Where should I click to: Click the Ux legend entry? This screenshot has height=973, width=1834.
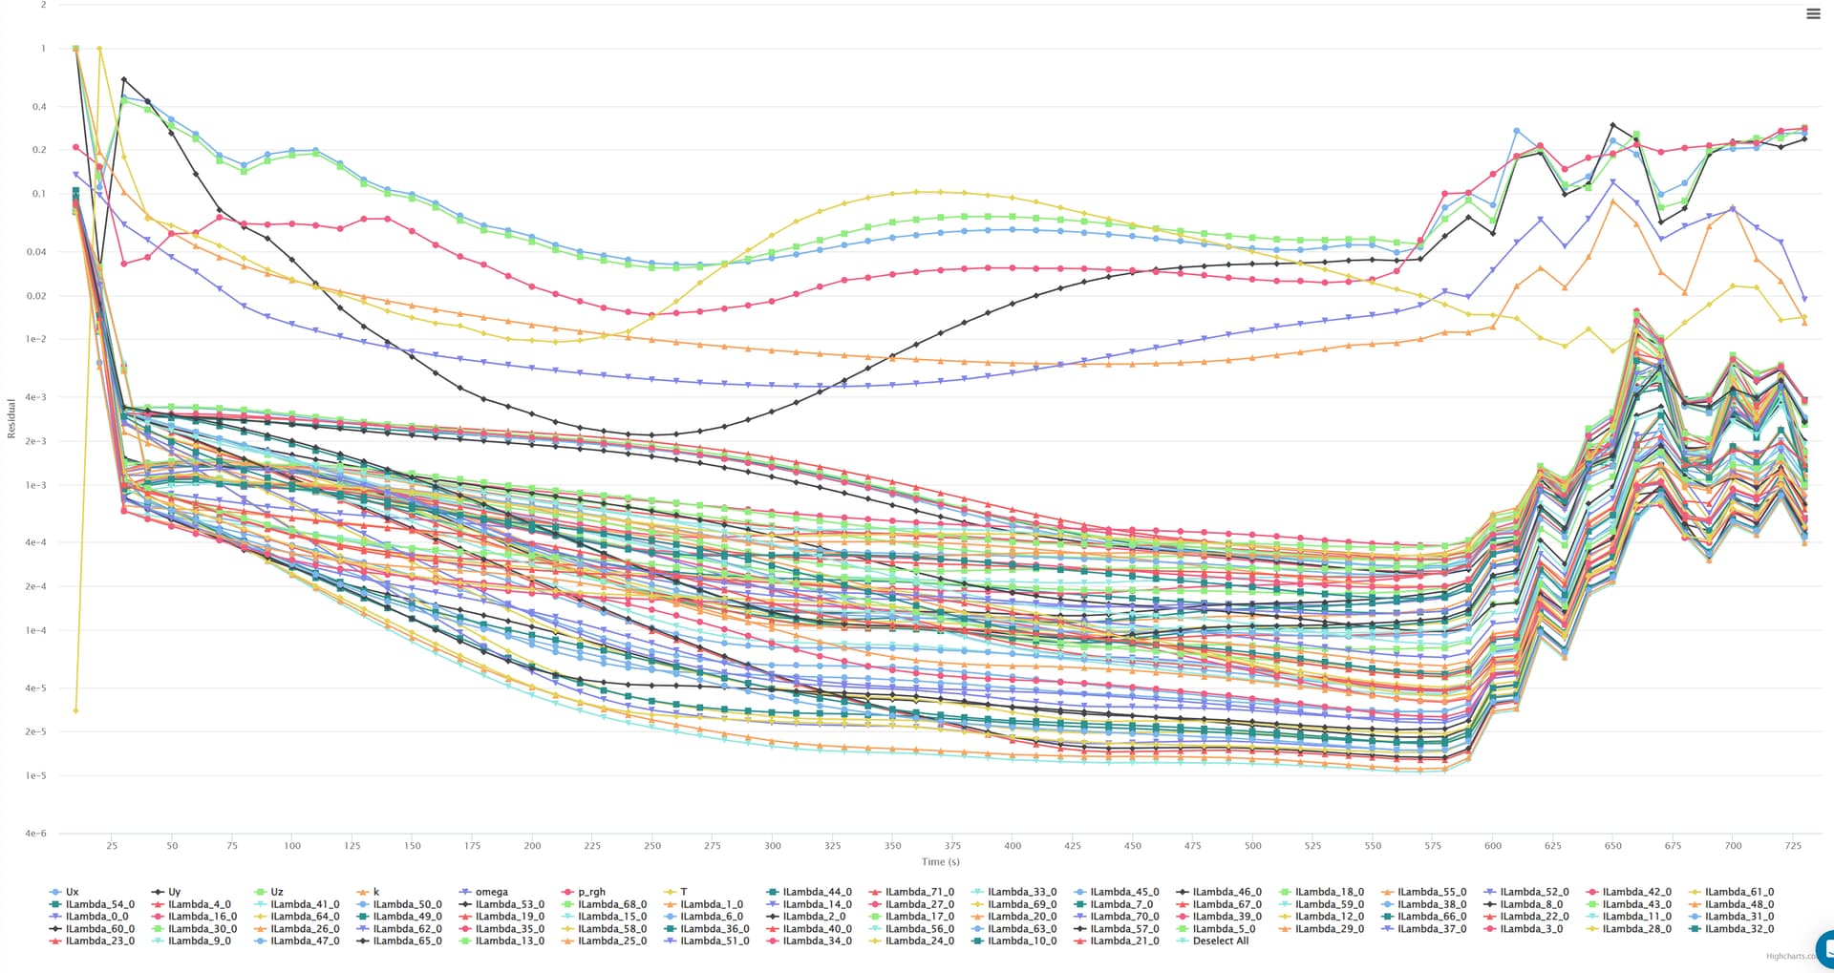point(72,892)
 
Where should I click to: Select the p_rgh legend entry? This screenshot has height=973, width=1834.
point(591,892)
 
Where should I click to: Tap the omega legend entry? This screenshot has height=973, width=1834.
point(491,892)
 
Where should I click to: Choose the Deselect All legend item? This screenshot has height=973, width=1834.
point(1220,941)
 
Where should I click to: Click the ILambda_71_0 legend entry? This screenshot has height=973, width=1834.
point(919,892)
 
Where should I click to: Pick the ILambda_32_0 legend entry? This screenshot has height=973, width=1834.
point(1738,928)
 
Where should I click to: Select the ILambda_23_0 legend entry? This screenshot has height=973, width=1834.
point(99,941)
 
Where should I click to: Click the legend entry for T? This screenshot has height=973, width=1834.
point(683,892)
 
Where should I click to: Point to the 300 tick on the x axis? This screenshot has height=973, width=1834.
point(772,845)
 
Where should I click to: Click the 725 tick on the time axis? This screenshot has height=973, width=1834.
point(1793,845)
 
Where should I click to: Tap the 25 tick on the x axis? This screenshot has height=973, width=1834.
point(112,845)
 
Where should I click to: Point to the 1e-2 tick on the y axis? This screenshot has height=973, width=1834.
point(35,339)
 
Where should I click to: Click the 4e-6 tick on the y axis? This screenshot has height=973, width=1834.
point(35,834)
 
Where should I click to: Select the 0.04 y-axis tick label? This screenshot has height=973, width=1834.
point(35,252)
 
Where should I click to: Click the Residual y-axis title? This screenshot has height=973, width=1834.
point(11,418)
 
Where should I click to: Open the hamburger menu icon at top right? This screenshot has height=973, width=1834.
point(1812,13)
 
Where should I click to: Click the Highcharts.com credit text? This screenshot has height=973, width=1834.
point(1791,956)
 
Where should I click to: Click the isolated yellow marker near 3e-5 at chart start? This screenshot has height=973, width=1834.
point(75,710)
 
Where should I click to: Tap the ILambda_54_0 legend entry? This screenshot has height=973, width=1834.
point(99,904)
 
